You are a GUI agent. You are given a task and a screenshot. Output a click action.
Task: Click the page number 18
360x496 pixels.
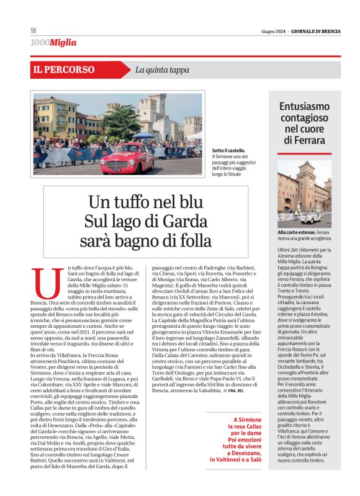[32, 31]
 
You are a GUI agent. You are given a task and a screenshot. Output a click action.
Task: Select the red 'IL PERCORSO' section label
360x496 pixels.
[65, 70]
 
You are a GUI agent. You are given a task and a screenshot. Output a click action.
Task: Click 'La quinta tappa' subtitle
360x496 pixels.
[162, 70]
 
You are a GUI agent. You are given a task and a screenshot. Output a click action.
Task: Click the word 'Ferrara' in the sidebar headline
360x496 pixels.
[305, 140]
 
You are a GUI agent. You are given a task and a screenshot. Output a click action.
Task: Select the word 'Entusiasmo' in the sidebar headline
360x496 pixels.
[305, 106]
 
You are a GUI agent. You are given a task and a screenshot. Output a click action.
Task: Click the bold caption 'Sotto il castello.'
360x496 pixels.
[228, 150]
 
